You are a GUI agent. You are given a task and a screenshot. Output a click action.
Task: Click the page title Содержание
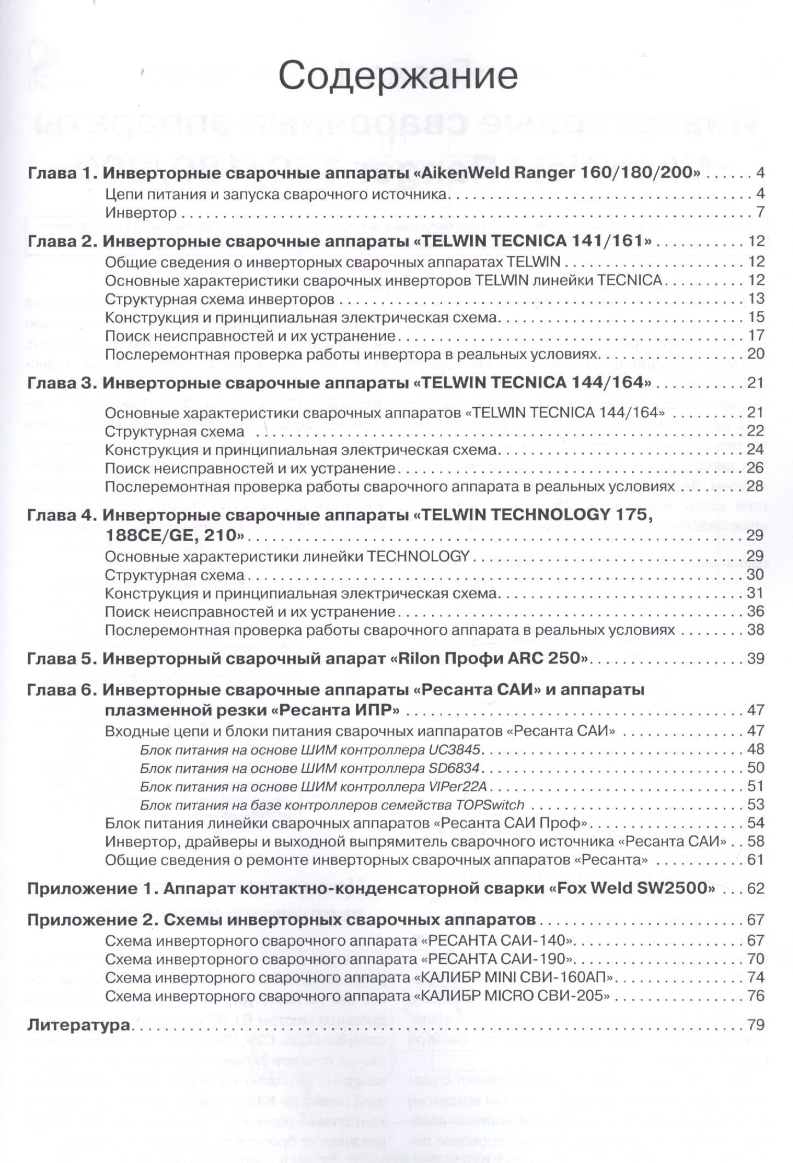tap(398, 76)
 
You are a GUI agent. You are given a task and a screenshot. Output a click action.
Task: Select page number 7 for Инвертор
tap(759, 212)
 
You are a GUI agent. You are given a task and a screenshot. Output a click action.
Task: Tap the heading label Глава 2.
tap(61, 241)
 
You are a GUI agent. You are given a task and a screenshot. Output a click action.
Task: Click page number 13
tap(755, 299)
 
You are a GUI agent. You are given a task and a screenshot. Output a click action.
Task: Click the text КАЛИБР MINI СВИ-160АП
tap(516, 977)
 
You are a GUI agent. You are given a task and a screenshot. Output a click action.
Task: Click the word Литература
tap(78, 1025)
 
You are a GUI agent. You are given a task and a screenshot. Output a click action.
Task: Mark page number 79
tap(755, 1025)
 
